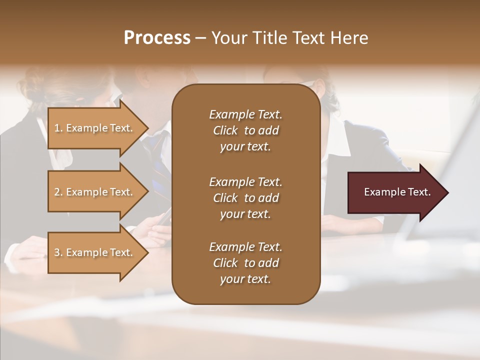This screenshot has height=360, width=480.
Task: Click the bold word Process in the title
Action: pyautogui.click(x=157, y=38)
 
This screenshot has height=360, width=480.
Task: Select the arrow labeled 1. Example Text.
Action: pyautogui.click(x=93, y=128)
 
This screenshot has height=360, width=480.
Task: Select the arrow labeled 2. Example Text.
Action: pyautogui.click(x=93, y=192)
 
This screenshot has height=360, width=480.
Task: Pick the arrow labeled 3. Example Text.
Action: pyautogui.click(x=93, y=252)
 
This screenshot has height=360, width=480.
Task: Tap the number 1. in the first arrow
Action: pyautogui.click(x=58, y=128)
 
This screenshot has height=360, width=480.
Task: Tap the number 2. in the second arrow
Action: pyautogui.click(x=58, y=192)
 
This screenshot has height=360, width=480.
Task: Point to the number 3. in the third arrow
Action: pyautogui.click(x=58, y=252)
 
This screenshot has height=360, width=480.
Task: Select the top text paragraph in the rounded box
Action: pyautogui.click(x=245, y=130)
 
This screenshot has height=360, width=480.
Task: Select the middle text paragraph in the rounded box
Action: pyautogui.click(x=245, y=197)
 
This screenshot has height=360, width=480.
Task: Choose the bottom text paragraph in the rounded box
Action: pyautogui.click(x=245, y=263)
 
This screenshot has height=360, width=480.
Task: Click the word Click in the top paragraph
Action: pyautogui.click(x=225, y=130)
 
